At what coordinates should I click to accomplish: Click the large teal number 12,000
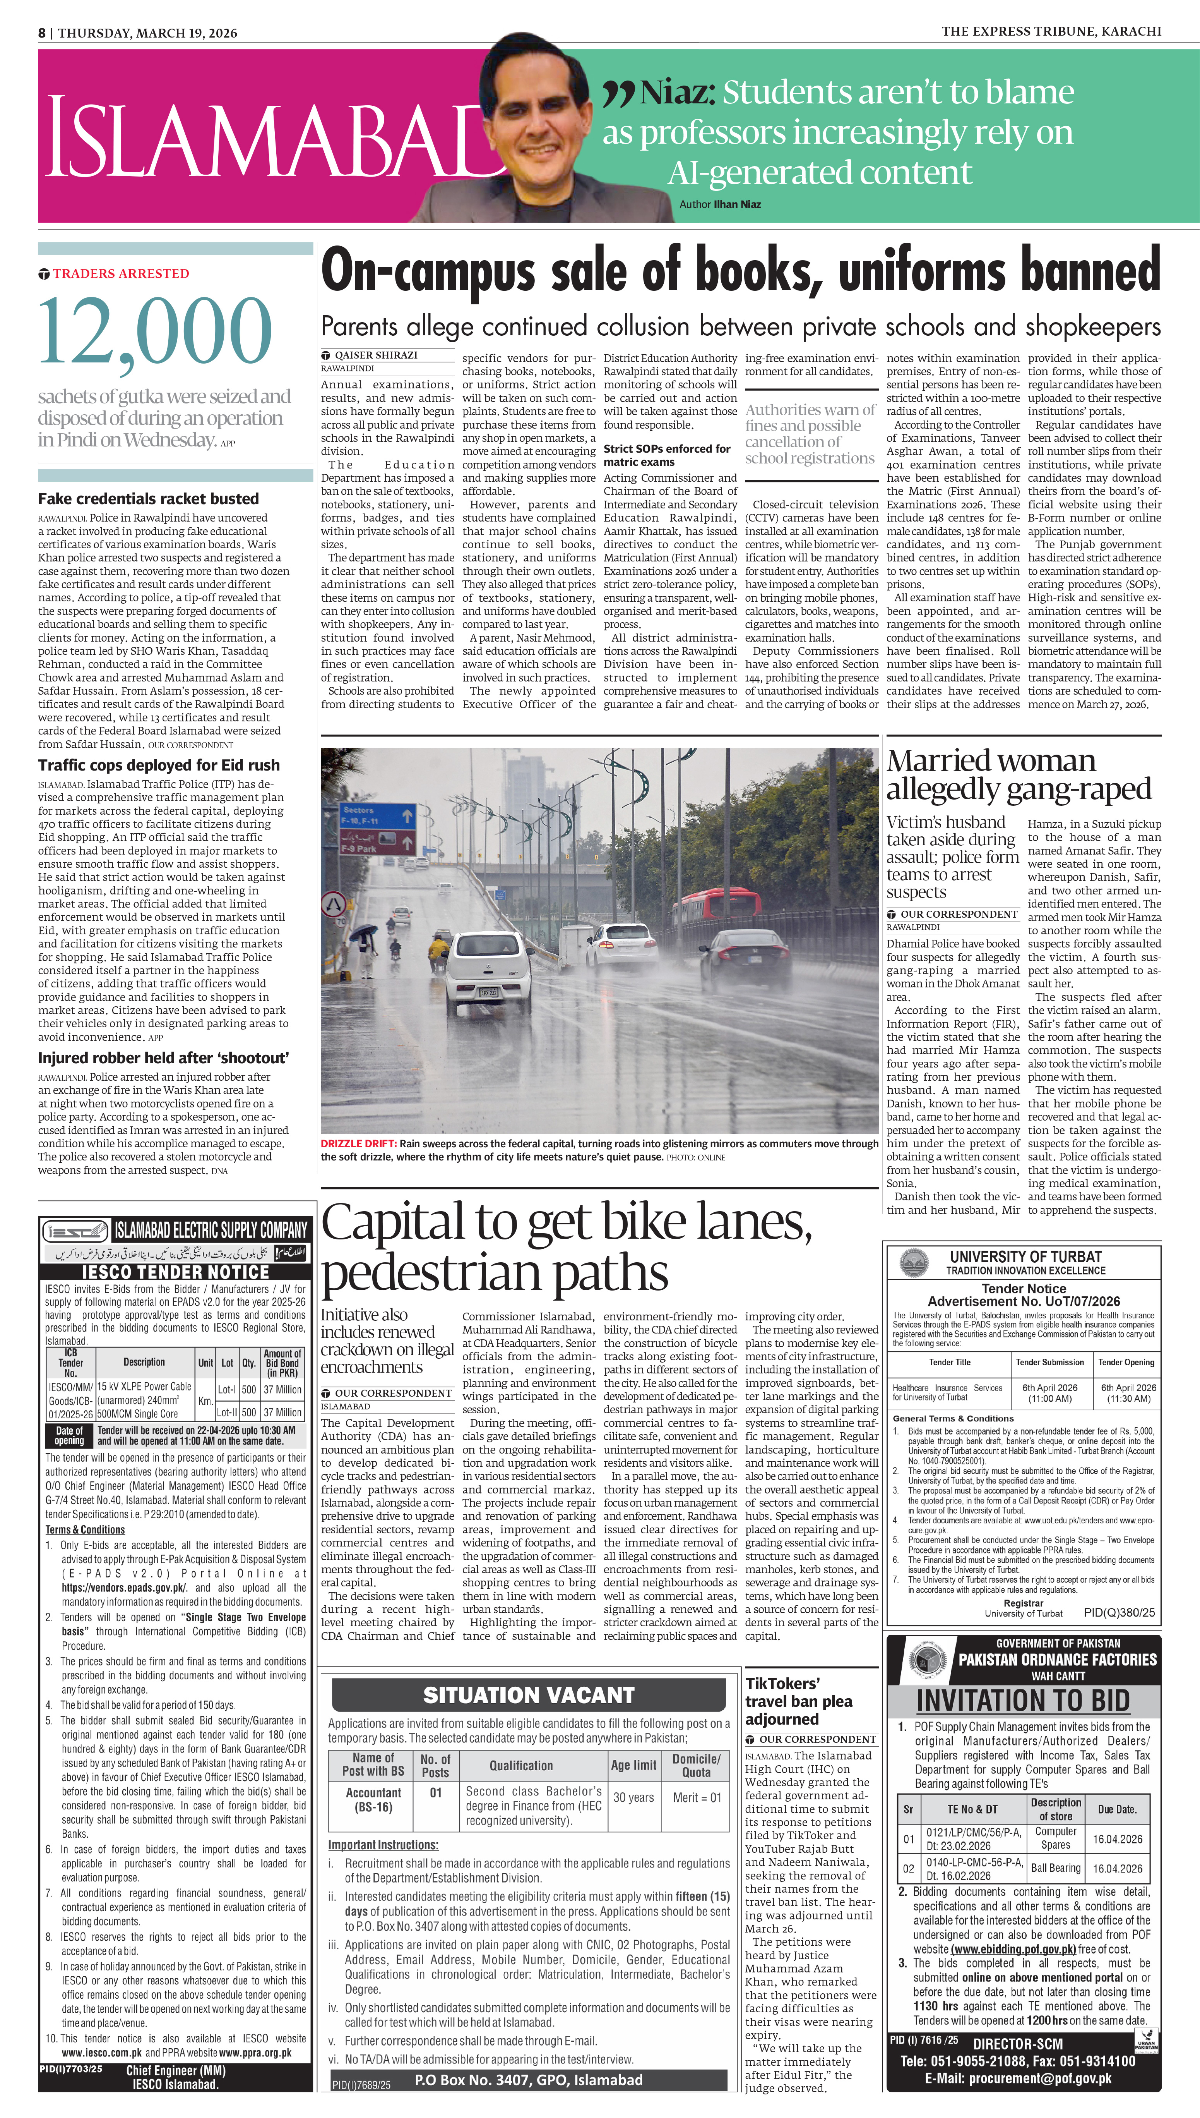[155, 331]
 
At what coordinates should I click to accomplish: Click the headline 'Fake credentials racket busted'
[148, 499]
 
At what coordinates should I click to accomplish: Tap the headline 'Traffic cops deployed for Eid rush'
[158, 765]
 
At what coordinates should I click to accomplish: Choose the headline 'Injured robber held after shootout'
[163, 1058]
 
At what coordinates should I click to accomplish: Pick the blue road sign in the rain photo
[377, 816]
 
